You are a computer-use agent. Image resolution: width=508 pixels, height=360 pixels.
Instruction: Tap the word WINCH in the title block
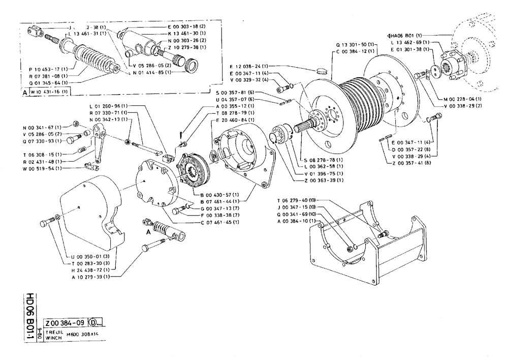pyautogui.click(x=54, y=338)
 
